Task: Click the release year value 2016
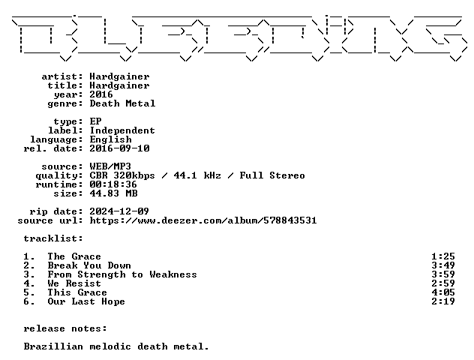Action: pyautogui.click(x=101, y=94)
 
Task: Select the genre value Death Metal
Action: pyautogui.click(x=122, y=103)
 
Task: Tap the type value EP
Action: pyautogui.click(x=95, y=121)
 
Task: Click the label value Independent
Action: pyautogui.click(x=122, y=130)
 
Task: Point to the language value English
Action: pyautogui.click(x=111, y=139)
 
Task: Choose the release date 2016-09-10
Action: pyautogui.click(x=119, y=148)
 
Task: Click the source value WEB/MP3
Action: pyautogui.click(x=110, y=166)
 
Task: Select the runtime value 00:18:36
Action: pyautogui.click(x=113, y=184)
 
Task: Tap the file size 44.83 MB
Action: pyautogui.click(x=113, y=193)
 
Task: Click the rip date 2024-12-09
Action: pyautogui.click(x=119, y=211)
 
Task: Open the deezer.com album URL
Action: pyautogui.click(x=203, y=220)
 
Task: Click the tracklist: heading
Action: pyautogui.click(x=53, y=238)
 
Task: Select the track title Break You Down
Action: pyautogui.click(x=89, y=265)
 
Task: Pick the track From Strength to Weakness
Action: pyautogui.click(x=122, y=274)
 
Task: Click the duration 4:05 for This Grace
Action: pyautogui.click(x=443, y=292)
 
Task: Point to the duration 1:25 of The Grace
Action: pyautogui.click(x=443, y=256)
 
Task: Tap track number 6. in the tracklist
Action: pyautogui.click(x=29, y=301)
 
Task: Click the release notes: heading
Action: pyautogui.click(x=65, y=328)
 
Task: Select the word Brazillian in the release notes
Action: pyautogui.click(x=53, y=346)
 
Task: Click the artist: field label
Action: pyautogui.click(x=62, y=76)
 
